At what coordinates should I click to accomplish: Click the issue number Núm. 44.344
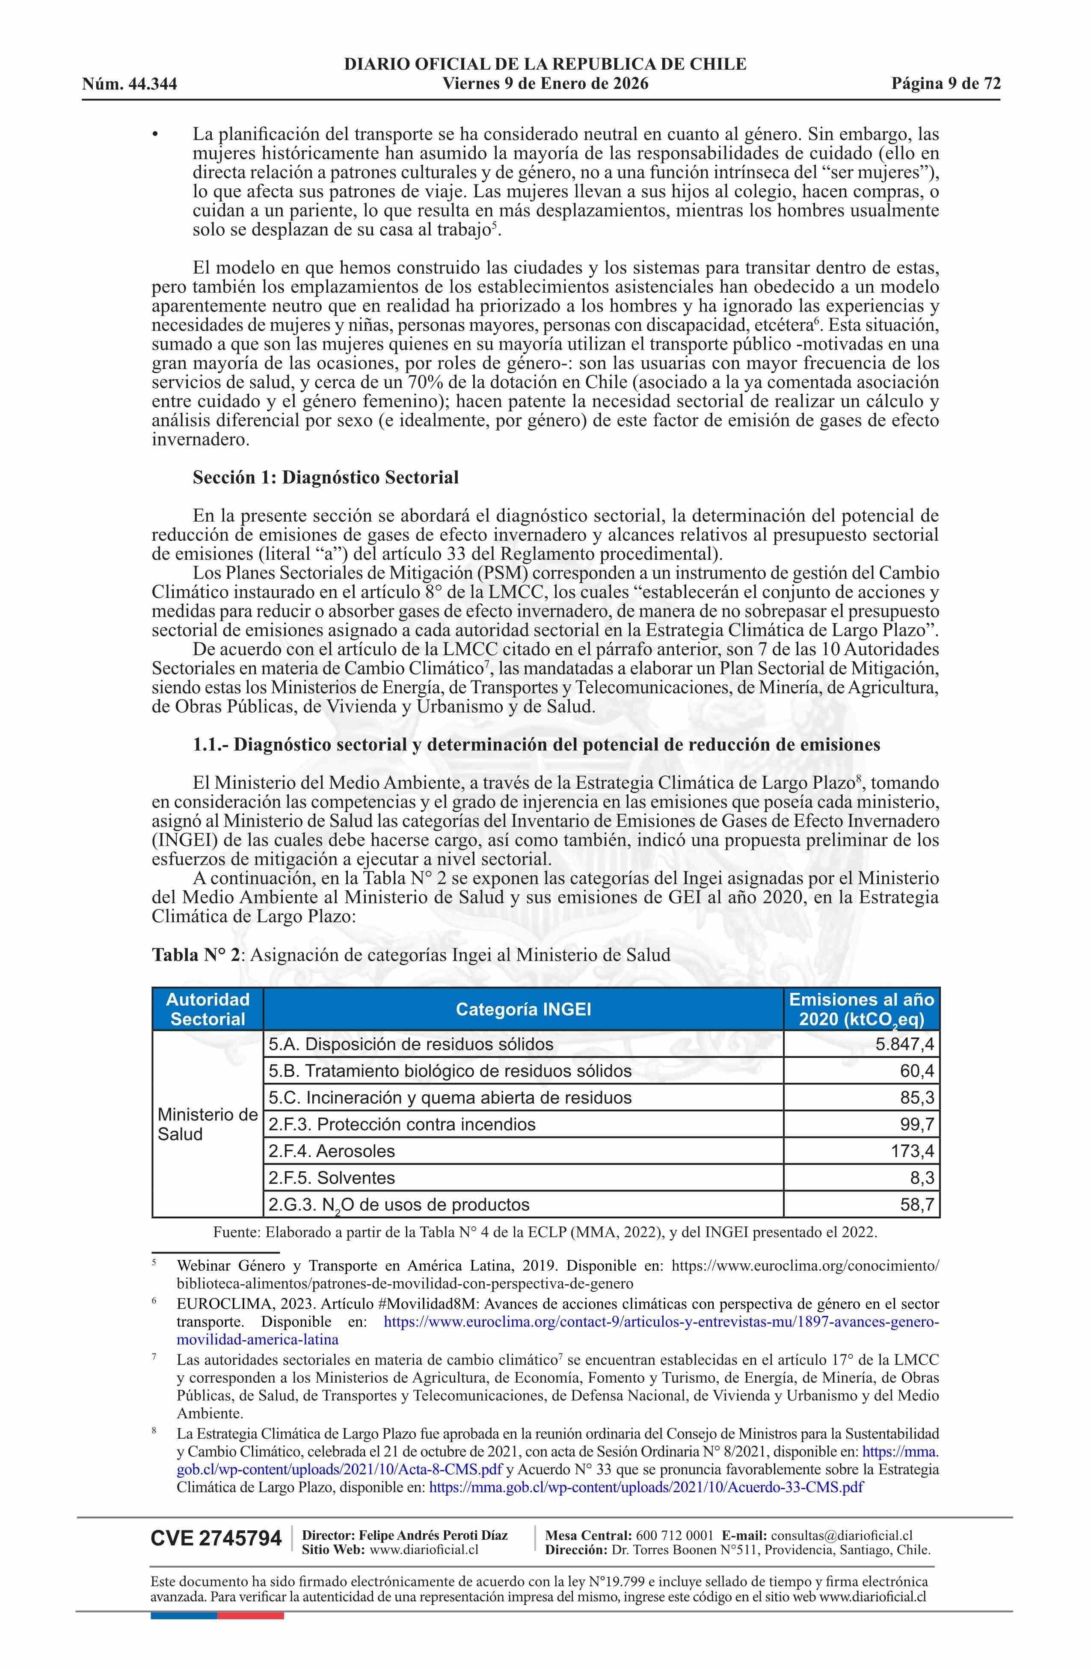point(129,85)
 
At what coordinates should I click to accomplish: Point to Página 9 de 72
point(946,84)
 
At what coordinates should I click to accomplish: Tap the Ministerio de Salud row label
point(208,1124)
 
